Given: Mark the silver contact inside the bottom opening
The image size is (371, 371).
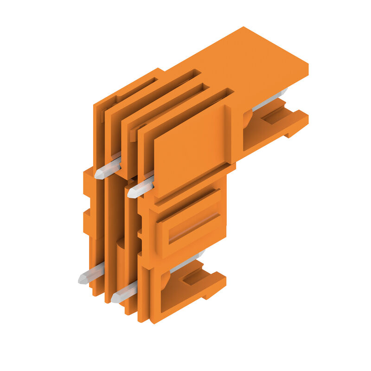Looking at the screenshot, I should [x=187, y=262].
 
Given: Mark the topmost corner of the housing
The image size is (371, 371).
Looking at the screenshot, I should [x=243, y=27].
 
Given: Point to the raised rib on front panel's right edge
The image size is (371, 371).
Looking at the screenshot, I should [x=228, y=134].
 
